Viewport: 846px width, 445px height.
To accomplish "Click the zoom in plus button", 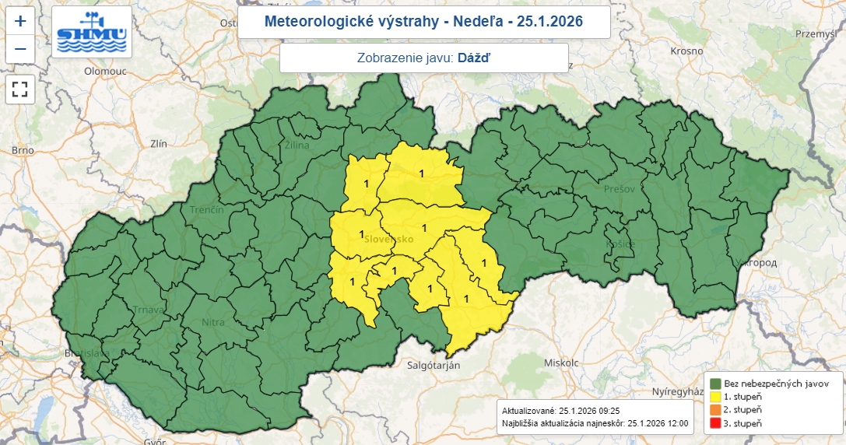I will (20, 21).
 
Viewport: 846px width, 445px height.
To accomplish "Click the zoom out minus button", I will (20, 49).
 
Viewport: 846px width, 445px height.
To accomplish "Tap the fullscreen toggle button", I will (20, 89).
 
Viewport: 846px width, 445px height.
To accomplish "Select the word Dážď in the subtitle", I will (474, 58).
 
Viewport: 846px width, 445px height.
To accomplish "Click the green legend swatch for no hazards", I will (714, 383).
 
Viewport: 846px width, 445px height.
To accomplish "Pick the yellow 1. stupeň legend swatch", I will (714, 396).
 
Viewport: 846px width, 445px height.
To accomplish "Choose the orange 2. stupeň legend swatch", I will (714, 409).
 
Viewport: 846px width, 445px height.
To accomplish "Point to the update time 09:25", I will (607, 410).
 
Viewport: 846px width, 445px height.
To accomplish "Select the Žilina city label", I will (297, 145).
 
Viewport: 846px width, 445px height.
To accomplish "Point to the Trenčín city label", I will (206, 210).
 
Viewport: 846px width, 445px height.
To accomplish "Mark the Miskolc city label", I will (561, 363).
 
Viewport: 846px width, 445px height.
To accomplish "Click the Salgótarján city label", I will (434, 364).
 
